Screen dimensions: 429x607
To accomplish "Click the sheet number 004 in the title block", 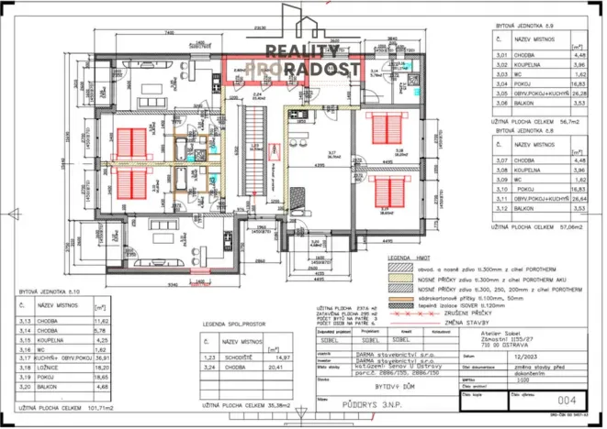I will tap(567, 399).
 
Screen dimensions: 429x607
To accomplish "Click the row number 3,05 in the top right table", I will tap(500, 92).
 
